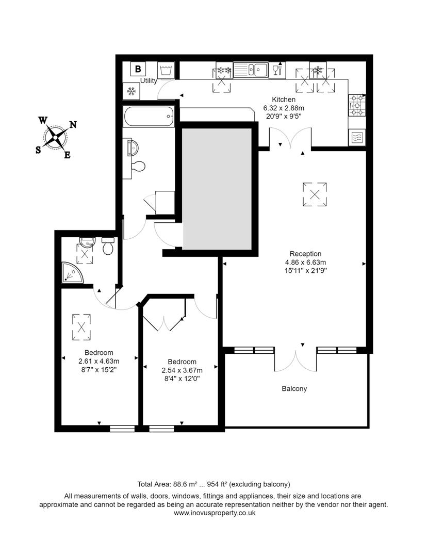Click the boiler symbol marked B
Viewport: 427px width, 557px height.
(x=138, y=69)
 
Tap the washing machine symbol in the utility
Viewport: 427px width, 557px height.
(x=166, y=70)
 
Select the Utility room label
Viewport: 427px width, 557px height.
(x=149, y=81)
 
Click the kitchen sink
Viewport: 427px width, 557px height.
(x=250, y=70)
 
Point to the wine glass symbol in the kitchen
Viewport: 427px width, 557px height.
(x=276, y=70)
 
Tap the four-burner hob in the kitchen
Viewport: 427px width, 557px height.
(x=356, y=105)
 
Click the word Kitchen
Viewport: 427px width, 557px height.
(x=284, y=100)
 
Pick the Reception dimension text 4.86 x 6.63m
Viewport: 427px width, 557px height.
(x=305, y=261)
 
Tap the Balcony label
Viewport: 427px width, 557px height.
(x=294, y=388)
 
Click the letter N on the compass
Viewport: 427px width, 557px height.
(x=73, y=124)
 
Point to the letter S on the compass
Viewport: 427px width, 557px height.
(x=38, y=150)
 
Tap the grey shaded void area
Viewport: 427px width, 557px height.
(x=217, y=189)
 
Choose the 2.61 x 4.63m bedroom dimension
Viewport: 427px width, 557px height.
(x=98, y=361)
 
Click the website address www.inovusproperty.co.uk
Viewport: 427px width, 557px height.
(x=214, y=513)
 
